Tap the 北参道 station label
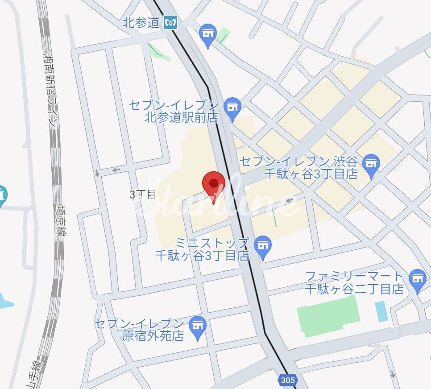coord(141,22)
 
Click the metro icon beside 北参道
coord(170,22)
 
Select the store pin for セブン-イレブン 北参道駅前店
coord(232,108)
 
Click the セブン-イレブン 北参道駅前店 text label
coord(174,112)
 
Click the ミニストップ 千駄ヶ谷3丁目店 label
coord(202,249)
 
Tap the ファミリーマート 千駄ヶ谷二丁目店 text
coord(354,282)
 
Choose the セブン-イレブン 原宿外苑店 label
coord(139,330)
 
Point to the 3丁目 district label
coord(142,194)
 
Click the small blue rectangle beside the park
coord(381,311)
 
